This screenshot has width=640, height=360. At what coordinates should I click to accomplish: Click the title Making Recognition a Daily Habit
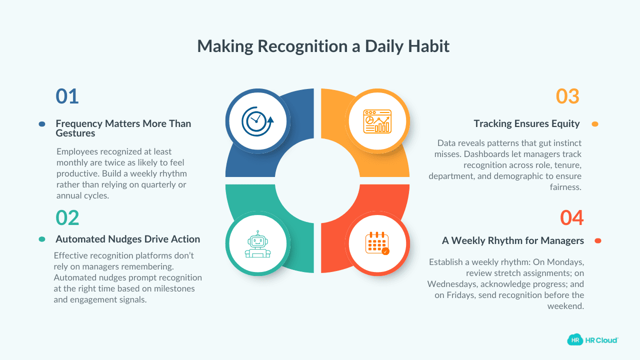point(323,46)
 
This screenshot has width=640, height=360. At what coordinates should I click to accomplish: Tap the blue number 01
point(67,96)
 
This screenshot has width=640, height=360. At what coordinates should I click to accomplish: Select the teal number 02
point(67,218)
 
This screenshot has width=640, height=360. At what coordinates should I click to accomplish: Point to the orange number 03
point(567,96)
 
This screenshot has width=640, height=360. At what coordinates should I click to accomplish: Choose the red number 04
point(571,218)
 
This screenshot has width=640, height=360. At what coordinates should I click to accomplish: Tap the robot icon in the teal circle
point(257,243)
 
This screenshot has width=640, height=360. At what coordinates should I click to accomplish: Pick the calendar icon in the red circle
point(377,243)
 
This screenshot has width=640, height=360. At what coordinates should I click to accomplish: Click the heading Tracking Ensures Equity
point(526,123)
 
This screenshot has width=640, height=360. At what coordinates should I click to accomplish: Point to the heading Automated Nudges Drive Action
point(127,239)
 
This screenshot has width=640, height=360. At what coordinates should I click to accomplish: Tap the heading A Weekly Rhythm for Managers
point(512,240)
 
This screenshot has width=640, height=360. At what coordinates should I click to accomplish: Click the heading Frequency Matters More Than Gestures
point(123,128)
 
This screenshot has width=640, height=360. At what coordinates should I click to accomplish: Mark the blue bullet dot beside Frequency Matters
point(42,124)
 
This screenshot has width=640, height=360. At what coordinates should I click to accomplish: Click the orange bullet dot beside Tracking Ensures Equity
point(594,124)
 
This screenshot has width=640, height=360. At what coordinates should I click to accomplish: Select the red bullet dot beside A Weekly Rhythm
point(597,241)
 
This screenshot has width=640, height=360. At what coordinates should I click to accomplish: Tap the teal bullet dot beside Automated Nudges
point(42,239)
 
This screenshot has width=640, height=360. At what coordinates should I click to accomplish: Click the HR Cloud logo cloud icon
point(575,340)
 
